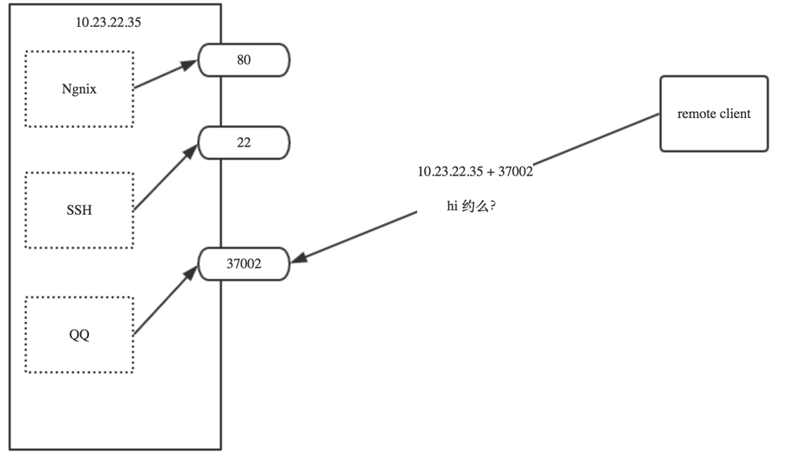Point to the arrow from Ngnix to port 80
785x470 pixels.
tap(166, 75)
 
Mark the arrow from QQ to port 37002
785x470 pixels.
tap(163, 301)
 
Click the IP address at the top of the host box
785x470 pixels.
tap(108, 22)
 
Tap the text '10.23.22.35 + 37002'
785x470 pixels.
tap(475, 172)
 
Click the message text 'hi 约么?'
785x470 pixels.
tap(470, 207)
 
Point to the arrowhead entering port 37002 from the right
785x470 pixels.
tap(299, 260)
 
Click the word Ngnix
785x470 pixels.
tap(79, 88)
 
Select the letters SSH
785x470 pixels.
tap(79, 210)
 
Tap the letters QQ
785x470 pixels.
tap(79, 335)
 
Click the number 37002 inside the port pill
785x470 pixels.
tap(244, 264)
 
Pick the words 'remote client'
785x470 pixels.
tap(714, 113)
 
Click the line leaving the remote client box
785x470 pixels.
tap(598, 139)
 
